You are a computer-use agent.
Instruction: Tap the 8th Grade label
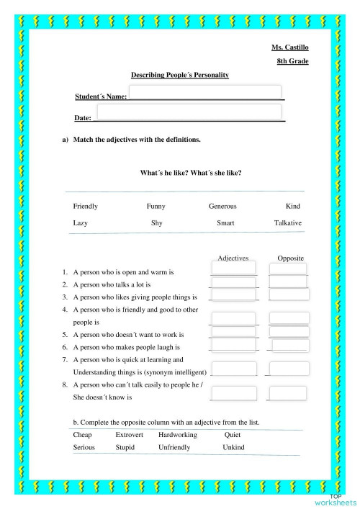click(293, 62)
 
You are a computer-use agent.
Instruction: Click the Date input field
click(188, 112)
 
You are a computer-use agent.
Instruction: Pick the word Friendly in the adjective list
click(86, 207)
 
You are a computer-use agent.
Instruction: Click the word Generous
click(222, 207)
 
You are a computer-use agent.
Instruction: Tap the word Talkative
click(288, 223)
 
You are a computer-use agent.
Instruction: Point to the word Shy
click(156, 223)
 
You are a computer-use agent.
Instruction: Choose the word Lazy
click(81, 223)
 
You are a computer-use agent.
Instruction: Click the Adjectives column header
click(233, 257)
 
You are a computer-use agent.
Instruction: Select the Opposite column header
click(291, 257)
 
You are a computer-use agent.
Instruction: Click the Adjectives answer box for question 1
click(234, 268)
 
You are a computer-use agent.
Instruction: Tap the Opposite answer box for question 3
click(289, 294)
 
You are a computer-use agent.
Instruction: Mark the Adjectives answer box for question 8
click(234, 393)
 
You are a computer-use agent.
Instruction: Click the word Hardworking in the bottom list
click(176, 435)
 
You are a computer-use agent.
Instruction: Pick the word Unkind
click(233, 447)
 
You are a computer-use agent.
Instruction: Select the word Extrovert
click(130, 435)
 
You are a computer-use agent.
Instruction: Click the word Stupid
click(125, 447)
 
